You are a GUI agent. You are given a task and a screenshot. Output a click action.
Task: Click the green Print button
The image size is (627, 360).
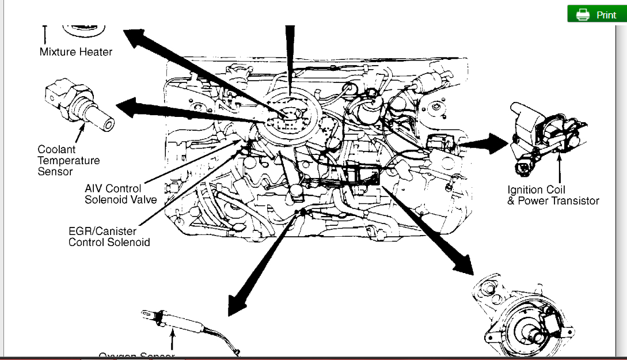(x=597, y=14)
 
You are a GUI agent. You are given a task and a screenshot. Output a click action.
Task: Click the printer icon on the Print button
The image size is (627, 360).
(x=583, y=15)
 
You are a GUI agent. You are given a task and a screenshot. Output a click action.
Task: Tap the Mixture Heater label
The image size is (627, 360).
(x=76, y=52)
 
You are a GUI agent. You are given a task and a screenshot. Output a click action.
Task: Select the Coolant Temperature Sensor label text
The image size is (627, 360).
(x=69, y=160)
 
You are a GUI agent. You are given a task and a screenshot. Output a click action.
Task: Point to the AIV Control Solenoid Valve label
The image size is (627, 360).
(x=120, y=194)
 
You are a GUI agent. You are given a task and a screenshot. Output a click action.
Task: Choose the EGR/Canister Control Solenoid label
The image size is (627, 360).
(x=109, y=237)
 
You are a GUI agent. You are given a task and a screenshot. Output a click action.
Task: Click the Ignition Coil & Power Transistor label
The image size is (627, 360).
(x=553, y=195)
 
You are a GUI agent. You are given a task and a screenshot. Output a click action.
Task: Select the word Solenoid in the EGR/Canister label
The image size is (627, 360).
(x=126, y=242)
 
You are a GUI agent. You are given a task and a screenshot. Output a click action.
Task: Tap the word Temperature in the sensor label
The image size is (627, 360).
(x=69, y=161)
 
